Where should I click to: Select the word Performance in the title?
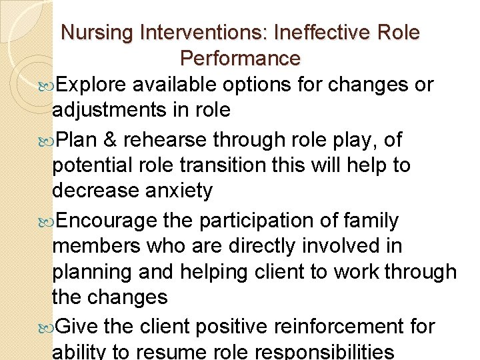tap(240, 59)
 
